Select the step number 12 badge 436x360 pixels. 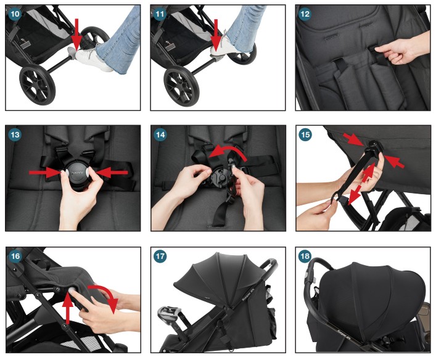[305, 15]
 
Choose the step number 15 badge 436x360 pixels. [305, 135]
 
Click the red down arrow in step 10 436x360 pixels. [77, 33]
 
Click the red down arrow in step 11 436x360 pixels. [217, 35]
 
